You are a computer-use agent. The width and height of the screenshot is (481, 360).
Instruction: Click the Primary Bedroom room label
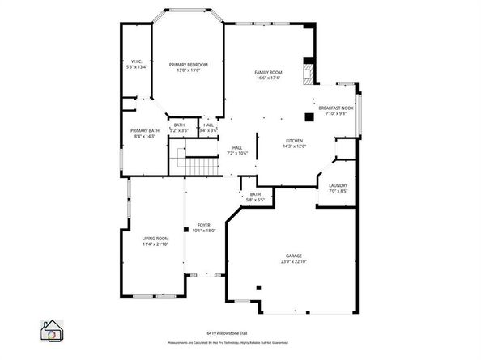tap(188, 65)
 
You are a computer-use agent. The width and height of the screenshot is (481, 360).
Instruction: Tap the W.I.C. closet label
tap(138, 62)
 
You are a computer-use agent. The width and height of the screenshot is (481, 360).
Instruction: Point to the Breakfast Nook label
tap(335, 108)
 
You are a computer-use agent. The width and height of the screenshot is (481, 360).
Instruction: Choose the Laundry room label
tap(338, 186)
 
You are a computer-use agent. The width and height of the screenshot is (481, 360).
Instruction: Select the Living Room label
tap(155, 238)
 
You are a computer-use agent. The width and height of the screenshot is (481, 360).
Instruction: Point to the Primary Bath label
tap(144, 130)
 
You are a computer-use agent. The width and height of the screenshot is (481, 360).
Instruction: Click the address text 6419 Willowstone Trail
tap(240, 332)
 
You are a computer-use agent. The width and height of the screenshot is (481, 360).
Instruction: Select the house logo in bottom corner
tap(51, 332)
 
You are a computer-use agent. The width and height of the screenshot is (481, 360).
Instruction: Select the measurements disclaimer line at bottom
tap(240, 343)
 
